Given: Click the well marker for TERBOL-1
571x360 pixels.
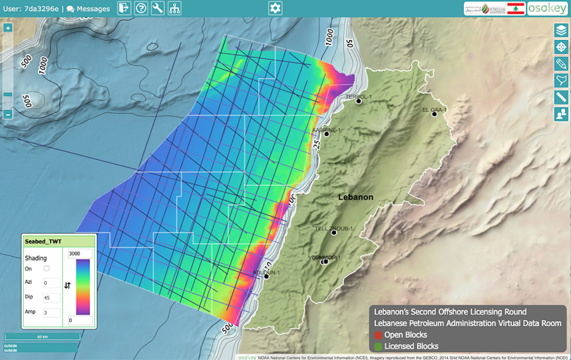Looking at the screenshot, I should [x=358, y=101].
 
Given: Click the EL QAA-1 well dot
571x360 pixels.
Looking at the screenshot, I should [x=434, y=114].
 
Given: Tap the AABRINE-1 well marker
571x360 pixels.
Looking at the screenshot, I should [x=327, y=134].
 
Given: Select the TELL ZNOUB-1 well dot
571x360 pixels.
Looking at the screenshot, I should [x=334, y=233].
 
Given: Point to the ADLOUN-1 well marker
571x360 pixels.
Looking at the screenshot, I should [x=266, y=276].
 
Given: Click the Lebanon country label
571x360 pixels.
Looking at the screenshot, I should [x=355, y=197].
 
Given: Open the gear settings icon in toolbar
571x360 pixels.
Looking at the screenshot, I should [x=275, y=8].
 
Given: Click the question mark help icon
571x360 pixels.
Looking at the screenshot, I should [x=141, y=8].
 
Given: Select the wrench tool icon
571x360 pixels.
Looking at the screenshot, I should [x=157, y=8].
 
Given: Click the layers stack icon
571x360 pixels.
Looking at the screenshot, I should [x=561, y=31].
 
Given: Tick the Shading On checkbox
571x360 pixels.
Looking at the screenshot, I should [x=46, y=268].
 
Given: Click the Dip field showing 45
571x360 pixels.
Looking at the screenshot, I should [x=52, y=298].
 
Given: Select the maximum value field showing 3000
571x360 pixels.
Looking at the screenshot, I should [x=80, y=254].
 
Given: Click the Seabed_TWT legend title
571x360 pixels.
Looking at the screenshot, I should [x=43, y=241].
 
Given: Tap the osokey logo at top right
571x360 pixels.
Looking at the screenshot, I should [x=547, y=8].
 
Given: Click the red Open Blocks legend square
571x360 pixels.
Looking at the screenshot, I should [x=378, y=335].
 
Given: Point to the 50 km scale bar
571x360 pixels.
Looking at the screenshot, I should [x=42, y=337].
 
